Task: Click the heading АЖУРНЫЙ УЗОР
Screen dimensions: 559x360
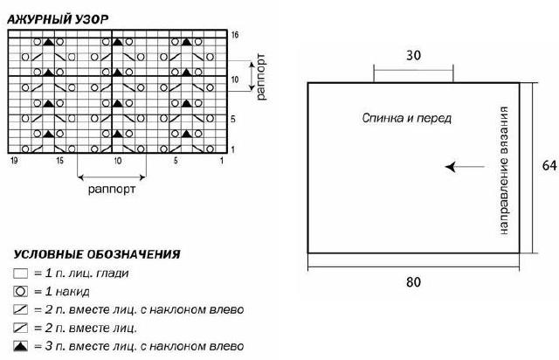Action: click(x=58, y=19)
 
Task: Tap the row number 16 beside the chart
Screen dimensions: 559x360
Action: click(x=235, y=35)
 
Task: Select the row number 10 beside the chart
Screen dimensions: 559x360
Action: click(x=235, y=80)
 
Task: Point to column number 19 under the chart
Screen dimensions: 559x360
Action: click(x=14, y=161)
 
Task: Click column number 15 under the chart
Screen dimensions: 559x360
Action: click(x=59, y=161)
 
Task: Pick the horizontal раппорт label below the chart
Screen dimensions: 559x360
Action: click(x=112, y=189)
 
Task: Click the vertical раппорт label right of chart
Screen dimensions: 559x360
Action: click(x=260, y=77)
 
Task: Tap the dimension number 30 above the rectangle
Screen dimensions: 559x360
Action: click(x=413, y=55)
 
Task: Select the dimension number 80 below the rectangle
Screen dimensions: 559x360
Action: click(x=413, y=282)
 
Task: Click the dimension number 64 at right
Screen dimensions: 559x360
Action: click(x=549, y=165)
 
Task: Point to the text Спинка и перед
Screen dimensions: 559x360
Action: click(x=407, y=118)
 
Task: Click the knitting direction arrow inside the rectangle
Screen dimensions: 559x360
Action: click(x=465, y=167)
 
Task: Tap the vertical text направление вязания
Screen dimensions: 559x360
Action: click(x=503, y=170)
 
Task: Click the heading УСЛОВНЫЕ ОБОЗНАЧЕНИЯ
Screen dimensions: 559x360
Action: click(x=97, y=254)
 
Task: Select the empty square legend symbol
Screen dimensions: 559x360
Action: click(x=20, y=273)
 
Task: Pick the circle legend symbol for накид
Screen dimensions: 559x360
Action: click(x=20, y=292)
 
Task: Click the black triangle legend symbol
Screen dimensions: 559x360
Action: click(x=20, y=346)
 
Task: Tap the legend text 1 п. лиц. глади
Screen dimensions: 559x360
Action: click(x=86, y=273)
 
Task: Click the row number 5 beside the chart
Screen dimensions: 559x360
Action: click(x=233, y=119)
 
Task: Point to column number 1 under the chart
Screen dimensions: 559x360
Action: click(x=221, y=161)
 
